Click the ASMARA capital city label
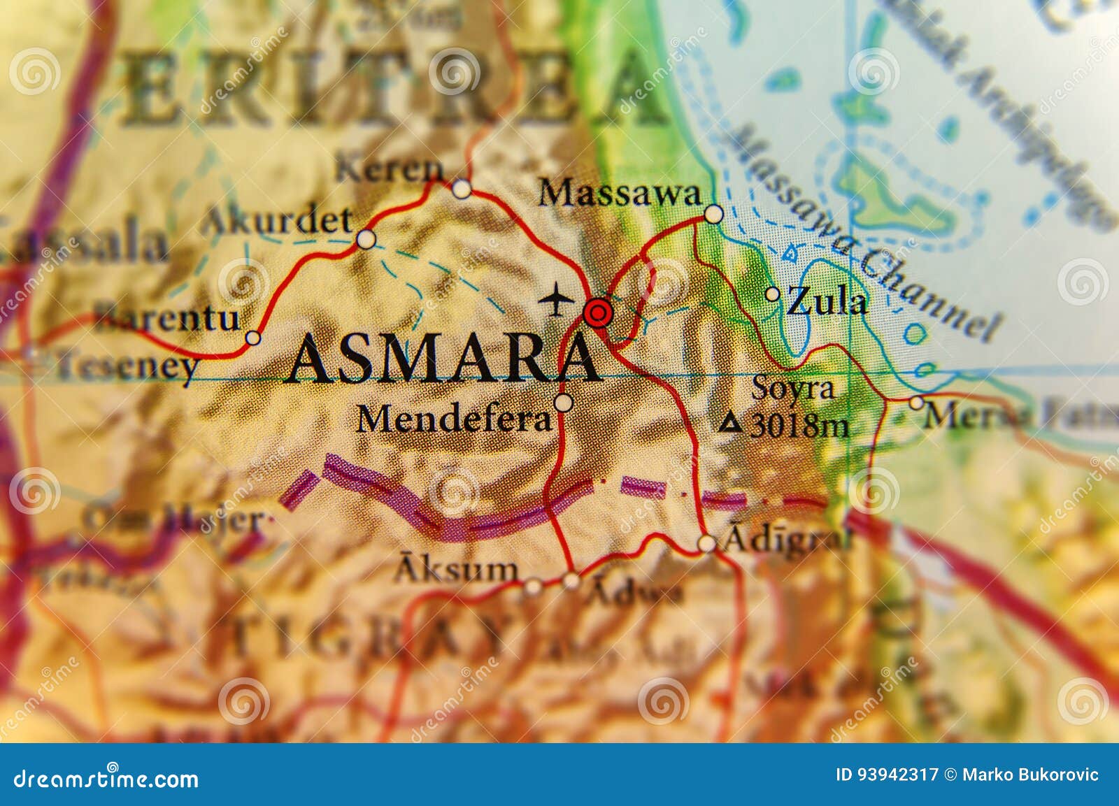click(443, 359)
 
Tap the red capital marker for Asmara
click(597, 312)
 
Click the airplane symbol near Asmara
click(557, 299)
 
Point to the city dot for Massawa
click(713, 214)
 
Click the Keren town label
click(389, 169)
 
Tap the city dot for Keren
click(461, 189)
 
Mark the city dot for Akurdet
click(366, 240)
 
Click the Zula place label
click(827, 303)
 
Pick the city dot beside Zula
click(772, 294)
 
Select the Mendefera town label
click(454, 419)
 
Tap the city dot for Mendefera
click(563, 403)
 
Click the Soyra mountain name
click(793, 389)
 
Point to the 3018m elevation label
click(799, 425)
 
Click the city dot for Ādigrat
click(707, 543)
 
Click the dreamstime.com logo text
click(106, 778)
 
